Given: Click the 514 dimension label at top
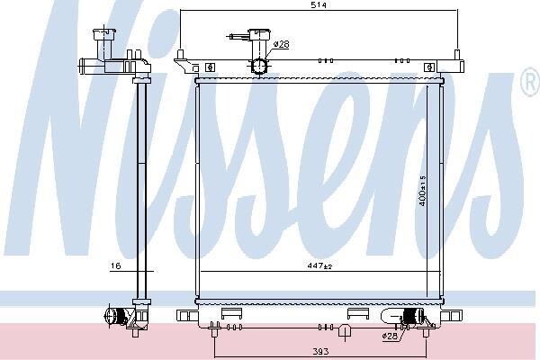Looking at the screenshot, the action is [319, 4].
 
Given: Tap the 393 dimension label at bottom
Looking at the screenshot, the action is [320, 351].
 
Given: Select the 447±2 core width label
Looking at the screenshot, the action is [319, 265].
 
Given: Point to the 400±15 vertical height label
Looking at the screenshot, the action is [423, 191].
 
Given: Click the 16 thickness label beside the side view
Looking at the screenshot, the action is [116, 265].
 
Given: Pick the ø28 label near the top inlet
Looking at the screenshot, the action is [282, 44].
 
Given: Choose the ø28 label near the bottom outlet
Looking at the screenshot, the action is [390, 336].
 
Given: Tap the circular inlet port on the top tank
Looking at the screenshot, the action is [259, 66].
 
